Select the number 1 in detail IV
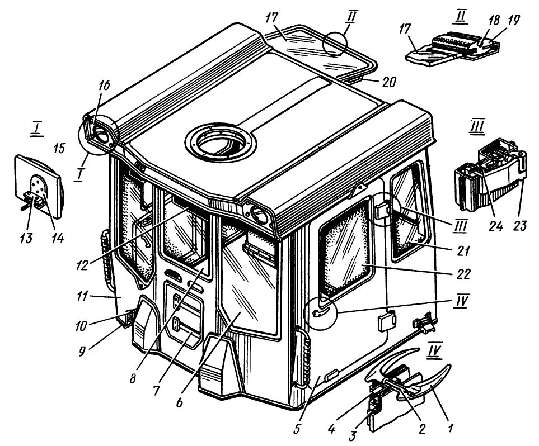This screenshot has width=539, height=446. [x=451, y=430]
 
